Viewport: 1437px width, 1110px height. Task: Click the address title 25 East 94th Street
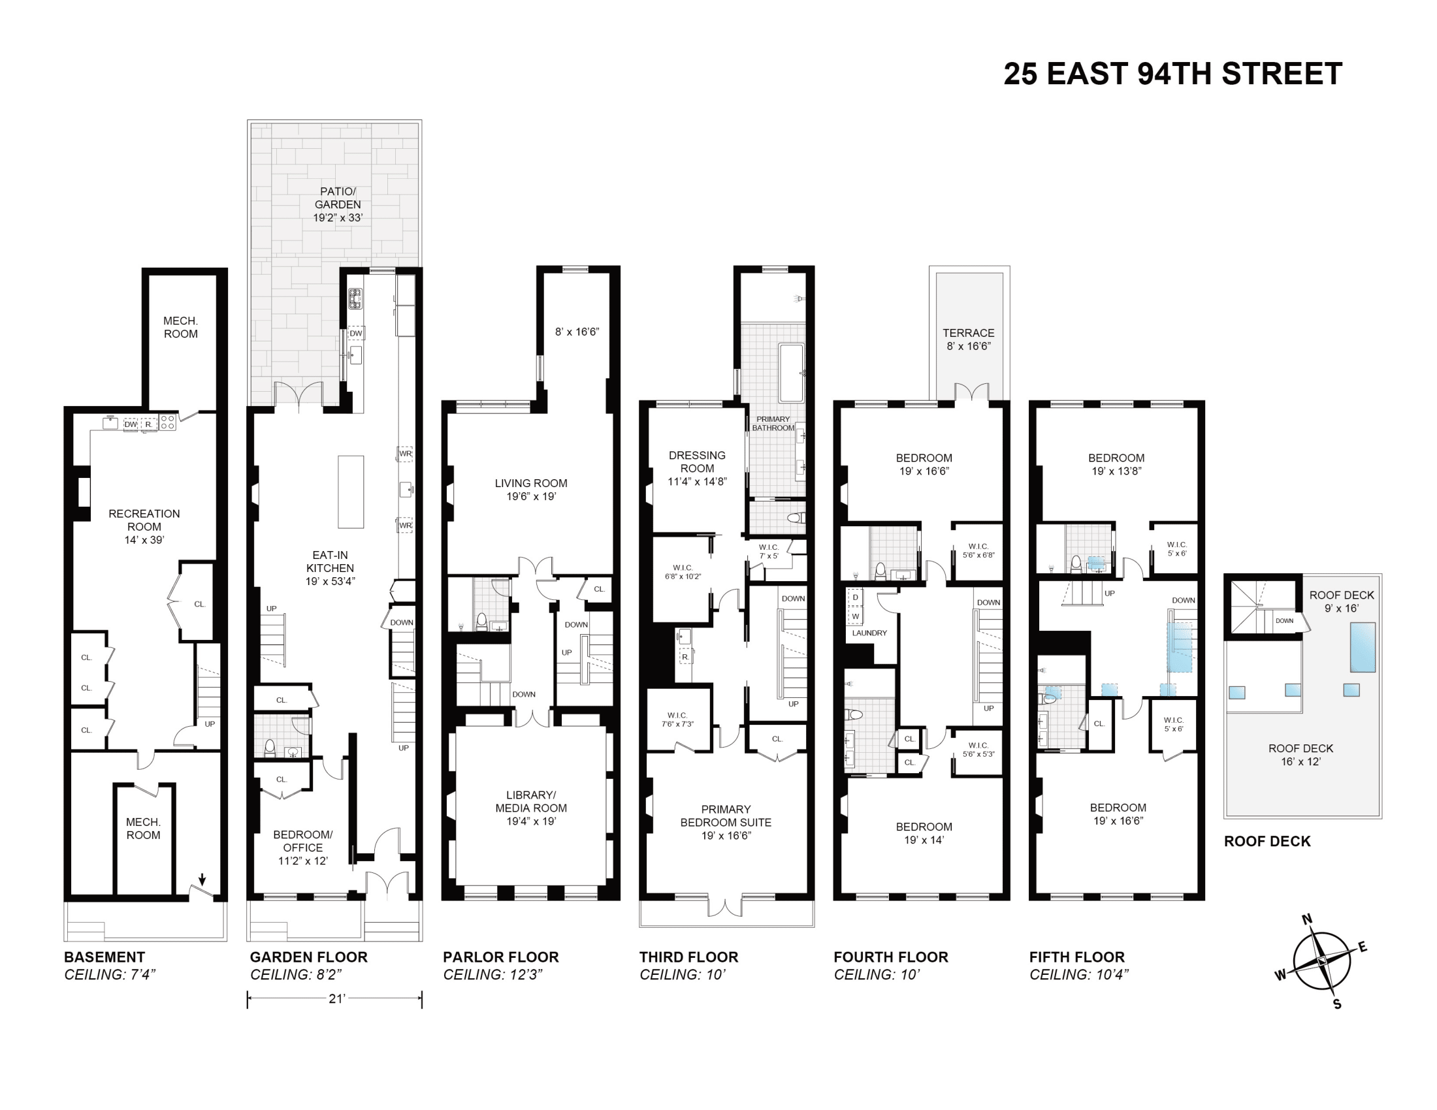point(1172,74)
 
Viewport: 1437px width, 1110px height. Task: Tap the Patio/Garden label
point(338,204)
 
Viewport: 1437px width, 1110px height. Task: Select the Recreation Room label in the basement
point(144,526)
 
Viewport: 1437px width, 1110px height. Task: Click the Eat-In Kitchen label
point(331,568)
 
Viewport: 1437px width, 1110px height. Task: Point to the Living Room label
point(531,489)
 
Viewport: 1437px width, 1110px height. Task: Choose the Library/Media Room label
point(531,808)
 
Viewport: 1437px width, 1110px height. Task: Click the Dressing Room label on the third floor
point(697,468)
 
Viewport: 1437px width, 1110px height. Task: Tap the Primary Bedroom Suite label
point(726,822)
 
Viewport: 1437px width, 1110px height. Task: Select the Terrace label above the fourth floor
point(969,340)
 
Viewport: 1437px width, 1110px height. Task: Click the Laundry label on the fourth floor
point(869,633)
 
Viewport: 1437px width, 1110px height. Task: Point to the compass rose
point(1321,961)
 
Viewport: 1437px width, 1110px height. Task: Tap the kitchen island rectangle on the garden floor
point(351,492)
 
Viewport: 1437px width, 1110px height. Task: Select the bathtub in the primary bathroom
point(792,373)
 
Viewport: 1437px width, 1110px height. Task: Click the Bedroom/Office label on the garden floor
point(302,848)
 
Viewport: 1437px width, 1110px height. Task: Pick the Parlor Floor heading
point(501,957)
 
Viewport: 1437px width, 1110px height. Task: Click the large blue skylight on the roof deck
point(1363,648)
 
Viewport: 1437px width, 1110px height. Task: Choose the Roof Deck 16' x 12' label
point(1300,755)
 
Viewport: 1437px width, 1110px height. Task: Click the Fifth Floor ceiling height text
point(1079,975)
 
